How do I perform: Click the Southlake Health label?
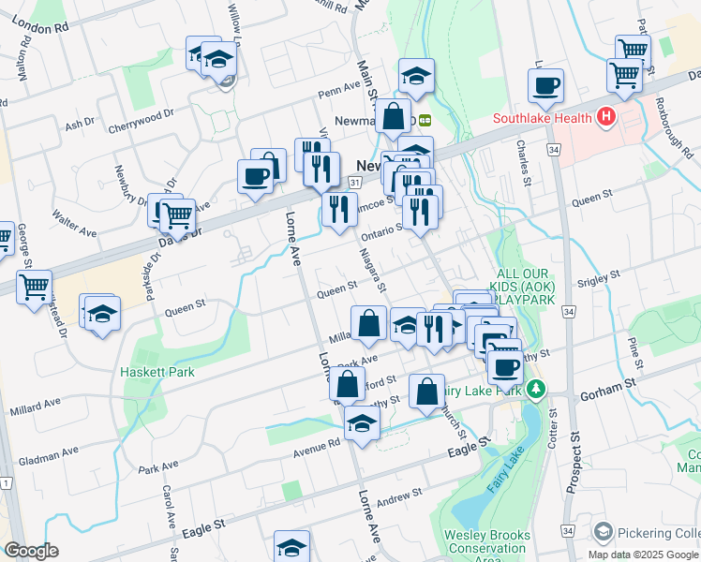(x=544, y=118)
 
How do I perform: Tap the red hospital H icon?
(x=606, y=117)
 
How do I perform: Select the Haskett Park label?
(x=157, y=371)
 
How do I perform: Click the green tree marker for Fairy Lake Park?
(x=535, y=388)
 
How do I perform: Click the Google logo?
(x=31, y=551)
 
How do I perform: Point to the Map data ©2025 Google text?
(x=643, y=555)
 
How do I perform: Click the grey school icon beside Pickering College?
(x=603, y=531)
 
